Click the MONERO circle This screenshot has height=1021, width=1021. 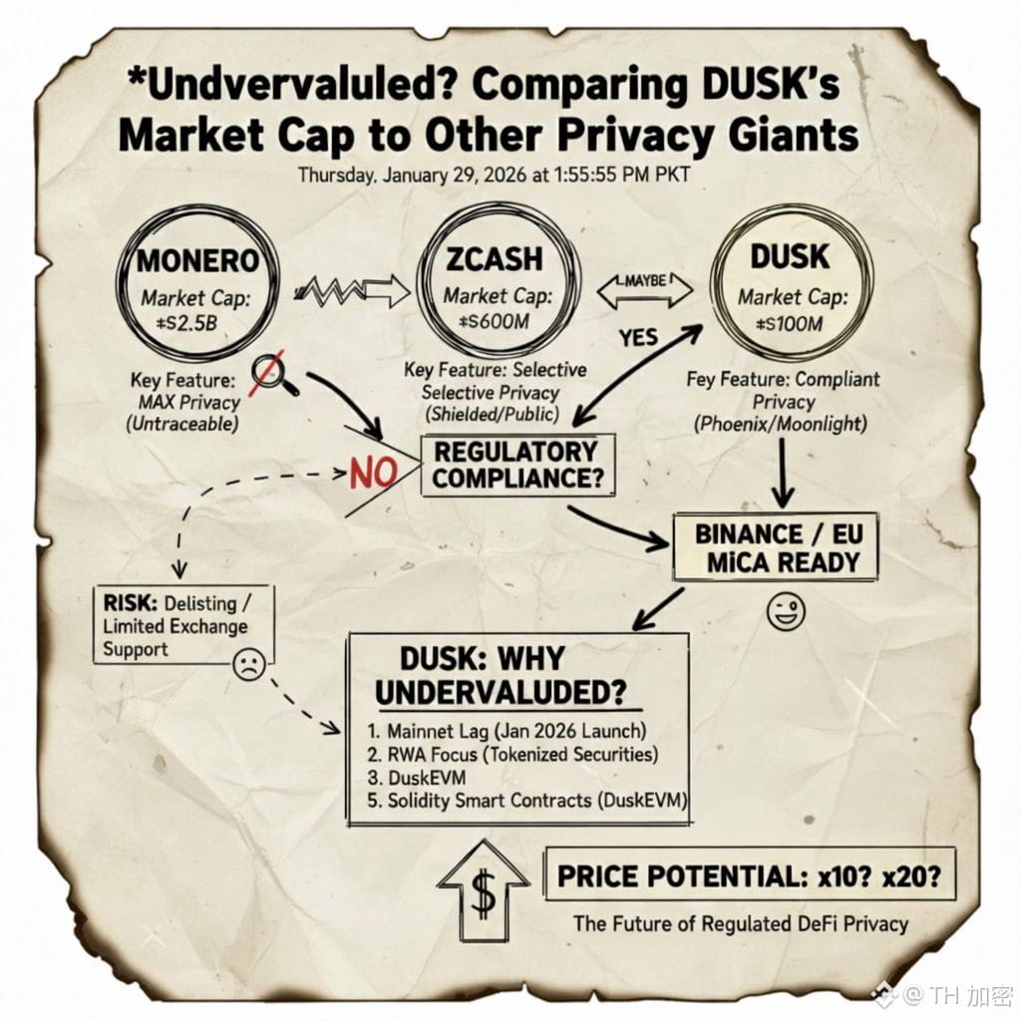point(197,283)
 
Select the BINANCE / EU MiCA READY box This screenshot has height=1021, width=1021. point(776,546)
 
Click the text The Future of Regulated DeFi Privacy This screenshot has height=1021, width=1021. point(740,923)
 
